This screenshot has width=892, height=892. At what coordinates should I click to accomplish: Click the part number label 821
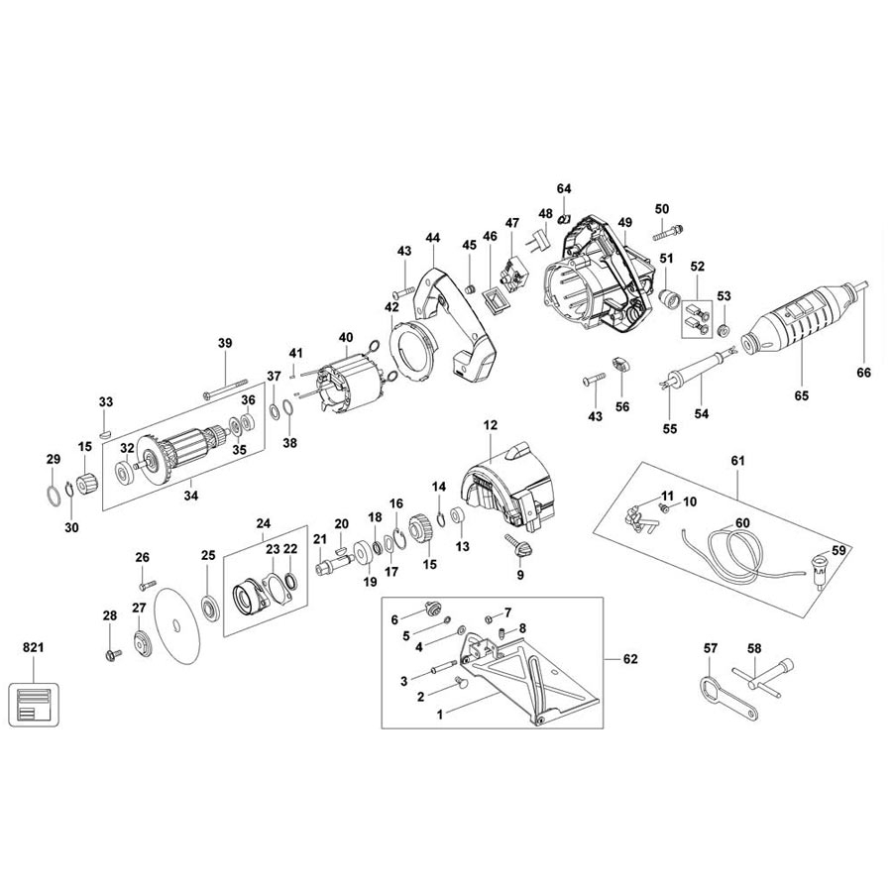tap(33, 647)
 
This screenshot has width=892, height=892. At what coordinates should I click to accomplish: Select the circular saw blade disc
tap(177, 625)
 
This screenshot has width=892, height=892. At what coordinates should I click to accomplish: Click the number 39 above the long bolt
tap(225, 343)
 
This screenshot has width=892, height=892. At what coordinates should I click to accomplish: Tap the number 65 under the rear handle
tap(801, 395)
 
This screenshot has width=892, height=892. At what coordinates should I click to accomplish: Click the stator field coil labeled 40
tap(348, 384)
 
